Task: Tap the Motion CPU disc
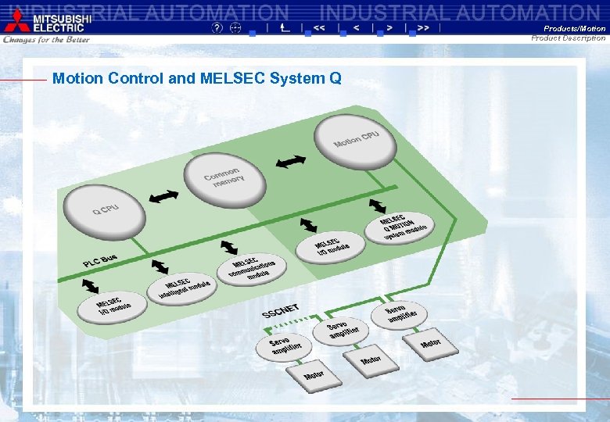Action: pos(356,140)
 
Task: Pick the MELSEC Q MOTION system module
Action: pos(400,227)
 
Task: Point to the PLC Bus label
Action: pos(100,259)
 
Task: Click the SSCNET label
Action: pos(280,310)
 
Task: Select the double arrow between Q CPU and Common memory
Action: pos(163,196)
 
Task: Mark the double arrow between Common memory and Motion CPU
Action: pos(291,162)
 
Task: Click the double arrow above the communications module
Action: pos(229,247)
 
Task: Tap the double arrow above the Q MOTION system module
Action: pos(377,206)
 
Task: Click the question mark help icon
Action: pos(217,27)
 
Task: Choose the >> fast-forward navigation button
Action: pos(423,27)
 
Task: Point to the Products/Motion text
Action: pos(575,29)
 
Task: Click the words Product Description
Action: pos(569,38)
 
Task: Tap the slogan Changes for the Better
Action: pos(47,39)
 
